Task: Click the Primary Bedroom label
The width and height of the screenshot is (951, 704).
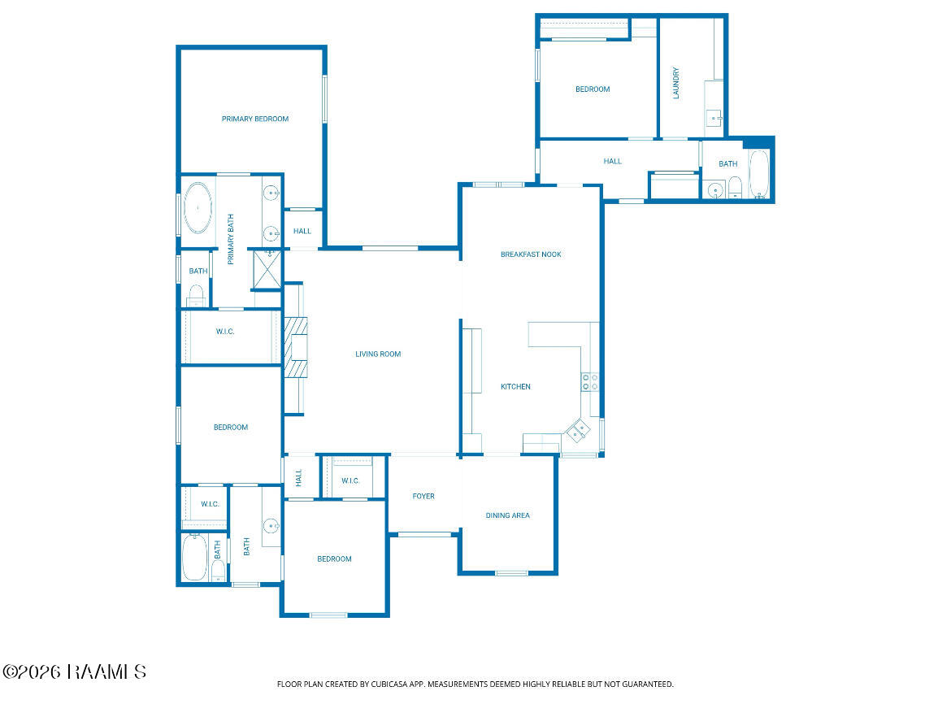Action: coord(254,119)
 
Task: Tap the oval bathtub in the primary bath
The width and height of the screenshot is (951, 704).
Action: coord(198,208)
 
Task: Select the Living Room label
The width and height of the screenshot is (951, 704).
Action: coord(378,354)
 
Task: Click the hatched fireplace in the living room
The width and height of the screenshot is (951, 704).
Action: coord(296,347)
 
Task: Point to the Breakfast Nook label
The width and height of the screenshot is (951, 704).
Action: coord(531,254)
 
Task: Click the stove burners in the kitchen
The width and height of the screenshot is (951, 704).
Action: coord(590,382)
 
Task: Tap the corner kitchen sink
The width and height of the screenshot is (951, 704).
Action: coord(578,431)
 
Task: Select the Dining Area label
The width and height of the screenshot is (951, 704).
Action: coord(508,515)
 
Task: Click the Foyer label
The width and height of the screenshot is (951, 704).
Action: coord(423,496)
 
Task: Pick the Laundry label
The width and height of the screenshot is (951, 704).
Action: coord(676,83)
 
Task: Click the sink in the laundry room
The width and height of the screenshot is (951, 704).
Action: coord(714,117)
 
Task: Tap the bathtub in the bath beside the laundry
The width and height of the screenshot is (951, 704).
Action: coord(758,174)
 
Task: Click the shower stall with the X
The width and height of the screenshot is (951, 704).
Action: coord(267,269)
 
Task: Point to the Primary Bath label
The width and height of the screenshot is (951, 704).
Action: coord(231,239)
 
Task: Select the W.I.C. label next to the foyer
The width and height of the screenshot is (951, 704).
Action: coord(350,481)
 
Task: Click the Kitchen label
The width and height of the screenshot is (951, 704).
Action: coord(515,387)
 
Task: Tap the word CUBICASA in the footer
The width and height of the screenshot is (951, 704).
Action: coord(389,684)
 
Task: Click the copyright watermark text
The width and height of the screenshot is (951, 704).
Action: coord(75,671)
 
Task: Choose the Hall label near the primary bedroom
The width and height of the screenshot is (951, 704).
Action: coord(302,231)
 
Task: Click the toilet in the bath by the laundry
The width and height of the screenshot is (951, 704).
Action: coord(735,187)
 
